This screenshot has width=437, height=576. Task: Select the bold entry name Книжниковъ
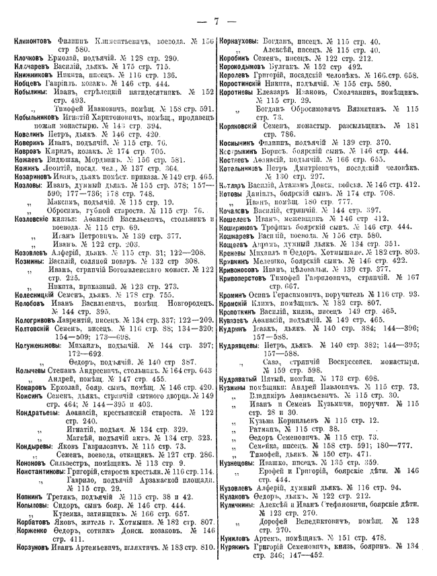[x=34, y=75]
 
